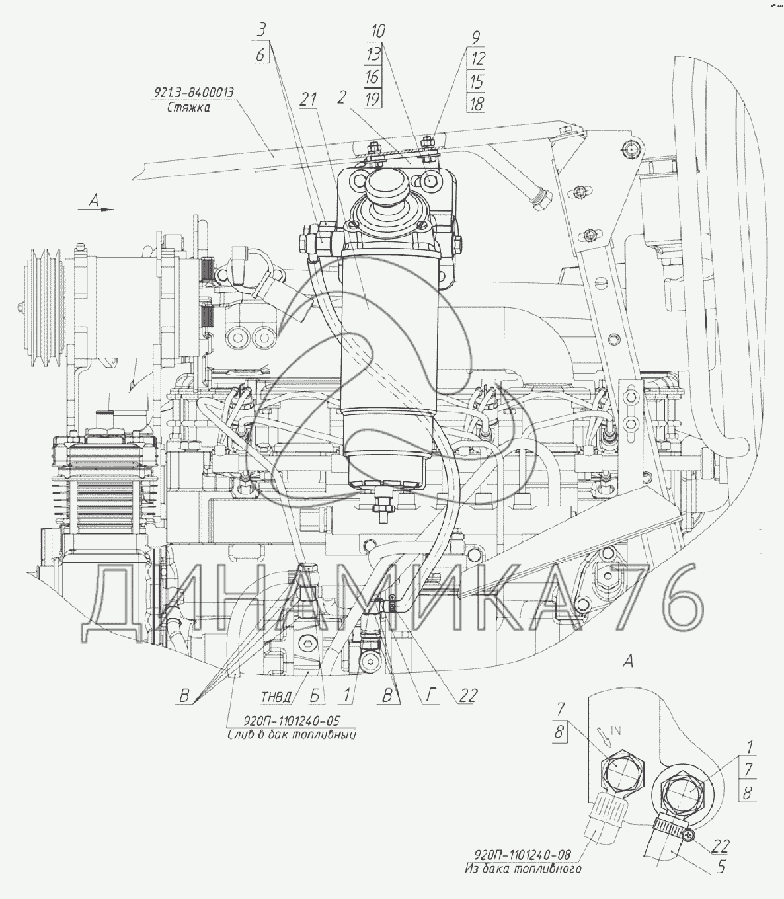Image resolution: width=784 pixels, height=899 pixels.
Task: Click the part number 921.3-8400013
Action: coord(194,93)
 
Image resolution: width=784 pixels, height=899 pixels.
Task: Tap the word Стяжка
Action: coord(188,108)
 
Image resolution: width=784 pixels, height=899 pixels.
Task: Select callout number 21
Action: coord(308,100)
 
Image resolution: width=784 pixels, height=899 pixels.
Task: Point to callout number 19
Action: coord(372,99)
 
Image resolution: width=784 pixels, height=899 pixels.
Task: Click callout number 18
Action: coord(476,104)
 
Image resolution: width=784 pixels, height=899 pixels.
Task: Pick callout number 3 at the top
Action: coord(262,31)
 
